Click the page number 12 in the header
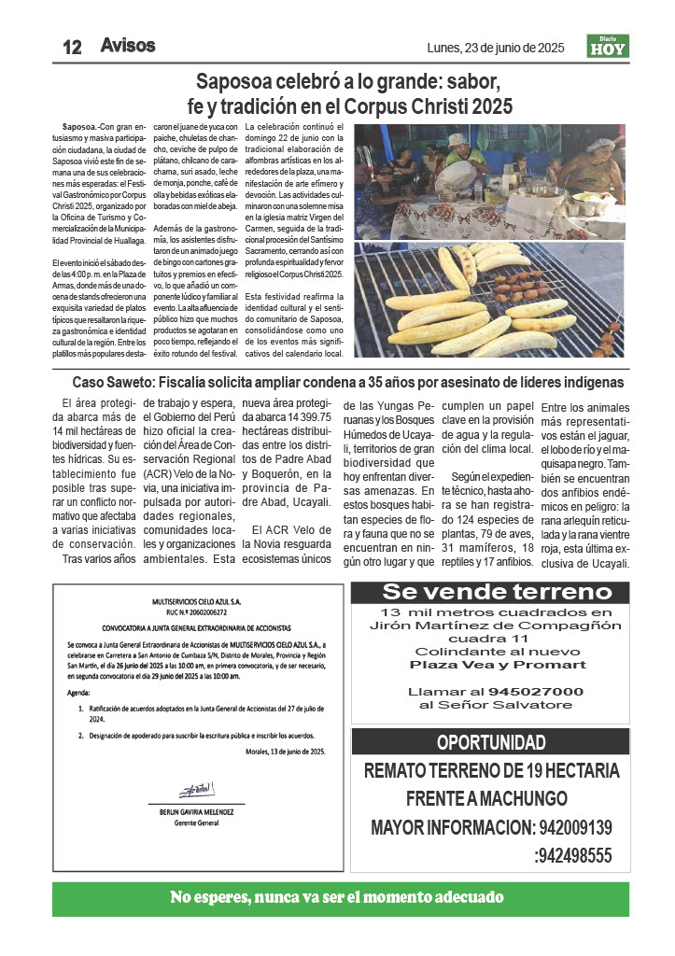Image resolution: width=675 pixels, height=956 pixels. point(73,47)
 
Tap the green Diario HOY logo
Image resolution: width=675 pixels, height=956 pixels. point(608,46)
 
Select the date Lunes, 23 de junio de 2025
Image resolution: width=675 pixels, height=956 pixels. point(495,48)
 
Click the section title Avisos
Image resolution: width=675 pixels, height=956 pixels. point(127,45)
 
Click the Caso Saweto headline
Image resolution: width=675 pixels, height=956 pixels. point(348,382)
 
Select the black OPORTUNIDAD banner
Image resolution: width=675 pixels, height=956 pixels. point(491,743)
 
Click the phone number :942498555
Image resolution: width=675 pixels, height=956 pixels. point(572,855)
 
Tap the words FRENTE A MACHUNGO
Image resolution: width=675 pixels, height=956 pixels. point(486,799)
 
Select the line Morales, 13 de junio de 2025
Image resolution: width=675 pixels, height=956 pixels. point(286,751)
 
